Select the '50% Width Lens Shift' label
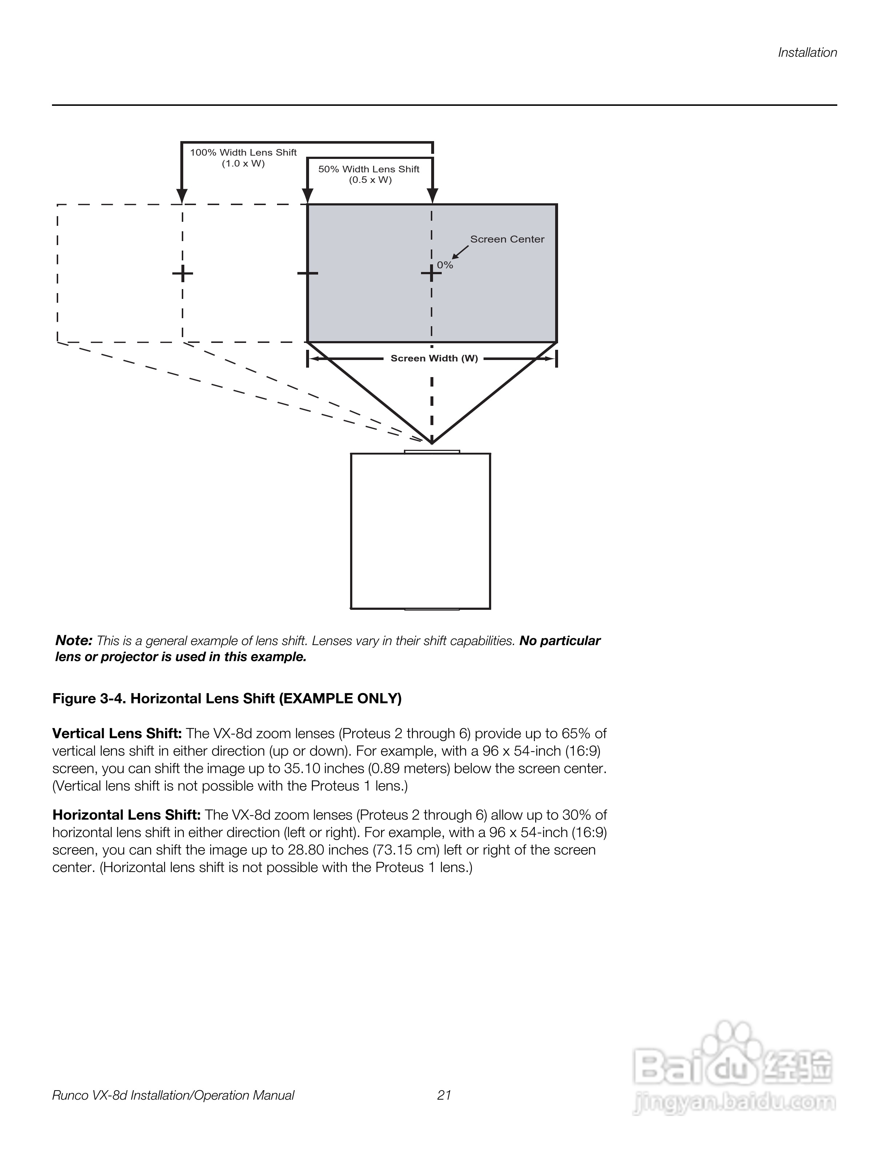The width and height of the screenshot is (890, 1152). (x=369, y=169)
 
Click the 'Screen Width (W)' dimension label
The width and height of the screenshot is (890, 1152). (x=434, y=359)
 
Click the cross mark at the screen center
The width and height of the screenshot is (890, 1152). (x=431, y=273)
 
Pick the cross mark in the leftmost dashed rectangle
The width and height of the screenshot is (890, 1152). (x=183, y=273)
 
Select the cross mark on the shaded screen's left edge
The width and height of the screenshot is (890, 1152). (x=307, y=273)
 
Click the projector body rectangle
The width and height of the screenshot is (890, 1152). (x=420, y=531)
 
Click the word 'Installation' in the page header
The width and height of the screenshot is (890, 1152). (x=807, y=53)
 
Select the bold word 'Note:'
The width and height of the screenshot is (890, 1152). (x=74, y=641)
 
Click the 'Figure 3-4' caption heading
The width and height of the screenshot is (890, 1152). (x=227, y=699)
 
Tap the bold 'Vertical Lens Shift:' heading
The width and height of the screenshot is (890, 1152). (x=117, y=734)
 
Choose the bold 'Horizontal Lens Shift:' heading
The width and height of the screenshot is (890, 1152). (x=127, y=816)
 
